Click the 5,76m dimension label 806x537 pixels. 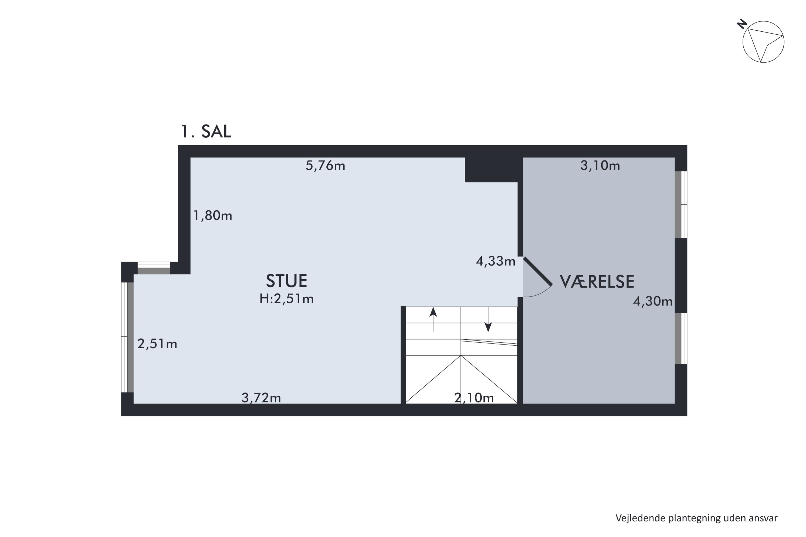(x=325, y=166)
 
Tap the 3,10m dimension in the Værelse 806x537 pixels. (x=600, y=166)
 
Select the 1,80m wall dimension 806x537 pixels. (x=213, y=215)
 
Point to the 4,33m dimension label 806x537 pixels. (x=495, y=261)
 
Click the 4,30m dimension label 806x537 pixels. (x=653, y=301)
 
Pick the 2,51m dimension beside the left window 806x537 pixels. (x=157, y=343)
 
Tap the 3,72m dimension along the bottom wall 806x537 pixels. (x=261, y=398)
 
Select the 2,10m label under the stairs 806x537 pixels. (x=474, y=398)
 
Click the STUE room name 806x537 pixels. (x=286, y=281)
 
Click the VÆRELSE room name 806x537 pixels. (x=597, y=281)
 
